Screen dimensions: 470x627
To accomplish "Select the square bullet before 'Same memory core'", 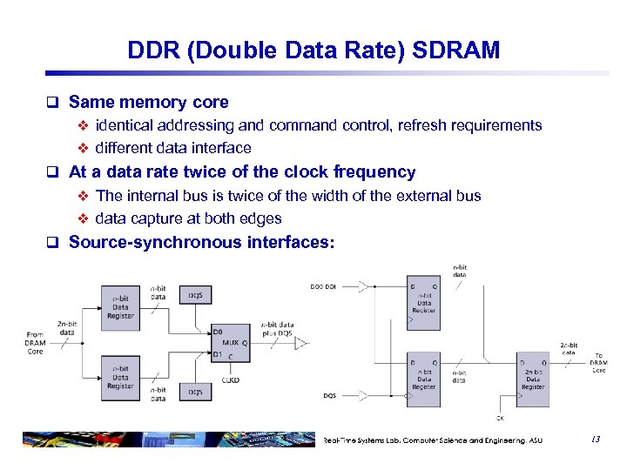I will coord(56,103).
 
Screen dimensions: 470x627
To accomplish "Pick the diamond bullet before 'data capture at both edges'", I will coord(84,219).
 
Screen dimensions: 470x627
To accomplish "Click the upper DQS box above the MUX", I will coord(195,295).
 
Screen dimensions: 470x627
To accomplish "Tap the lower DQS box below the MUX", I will coord(195,392).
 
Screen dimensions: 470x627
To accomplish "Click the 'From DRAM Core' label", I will coord(36,343).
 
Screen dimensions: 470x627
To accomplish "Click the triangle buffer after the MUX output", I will coord(300,344).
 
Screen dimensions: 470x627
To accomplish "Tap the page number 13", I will coord(595,440).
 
